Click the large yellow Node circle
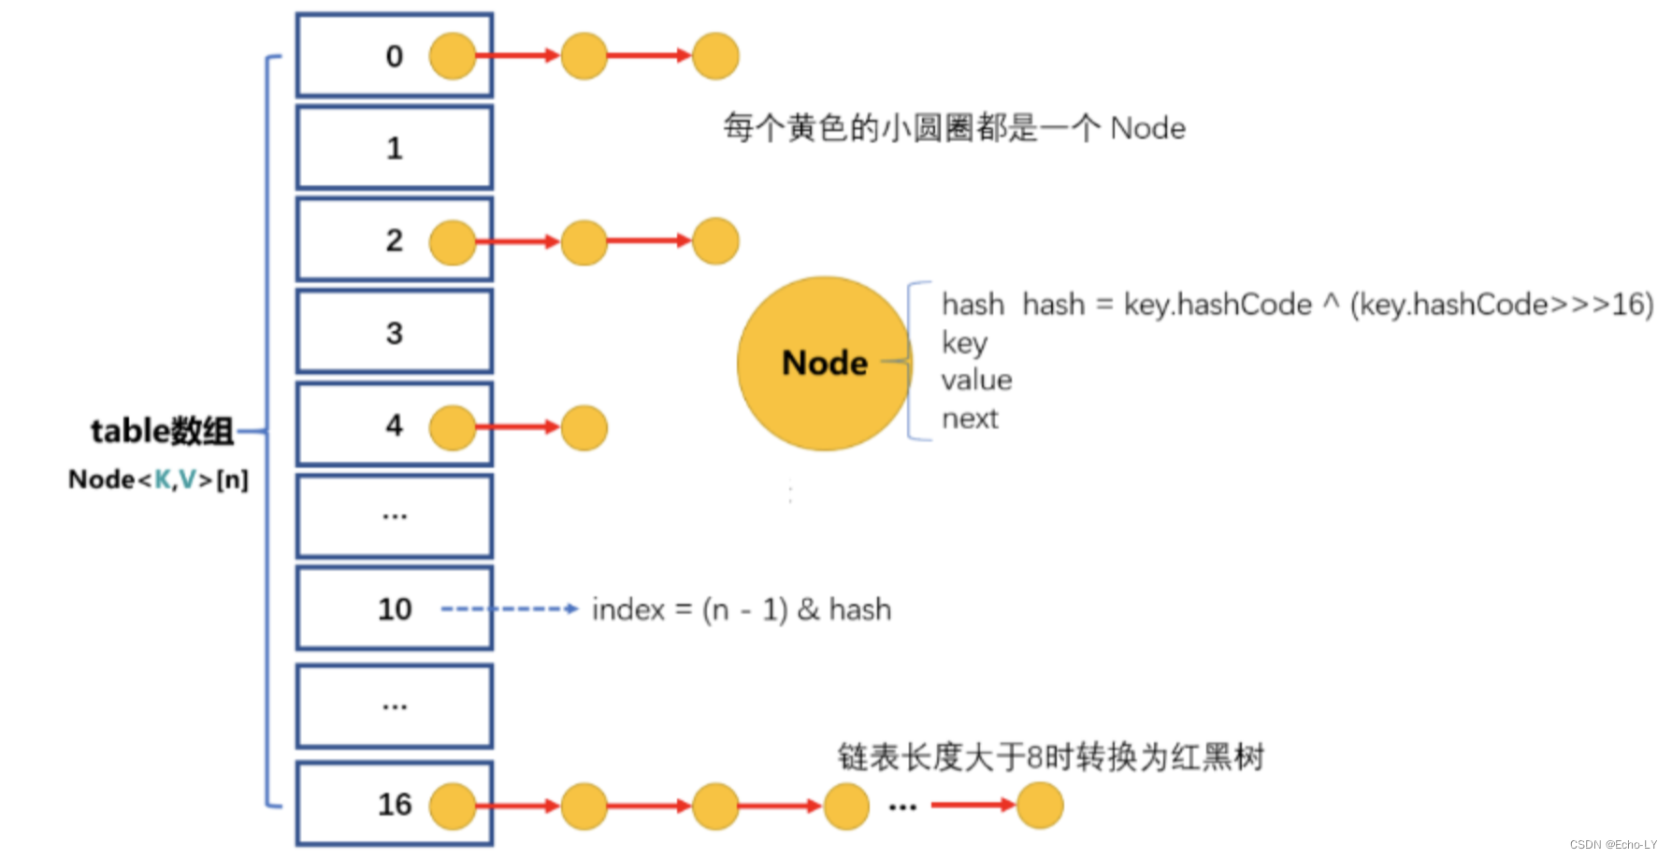pos(824,363)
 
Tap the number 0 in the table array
pos(395,56)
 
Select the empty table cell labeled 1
pos(395,148)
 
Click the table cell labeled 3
pos(395,333)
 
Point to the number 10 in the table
pos(395,609)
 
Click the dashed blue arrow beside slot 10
pos(510,609)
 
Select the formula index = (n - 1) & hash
pos(742,609)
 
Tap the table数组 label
pos(162,431)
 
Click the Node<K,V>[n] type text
pos(158,479)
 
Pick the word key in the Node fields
pos(964,343)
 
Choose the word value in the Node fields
pos(976,380)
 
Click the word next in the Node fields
pos(970,419)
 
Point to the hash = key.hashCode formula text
pos(1337,305)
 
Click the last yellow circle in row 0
pos(715,56)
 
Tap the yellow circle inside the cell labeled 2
pos(453,242)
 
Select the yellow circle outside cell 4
pos(584,428)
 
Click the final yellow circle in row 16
pos(1040,806)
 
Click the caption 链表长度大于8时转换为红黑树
pos(1050,757)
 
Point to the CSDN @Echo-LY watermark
pos(1613,845)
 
